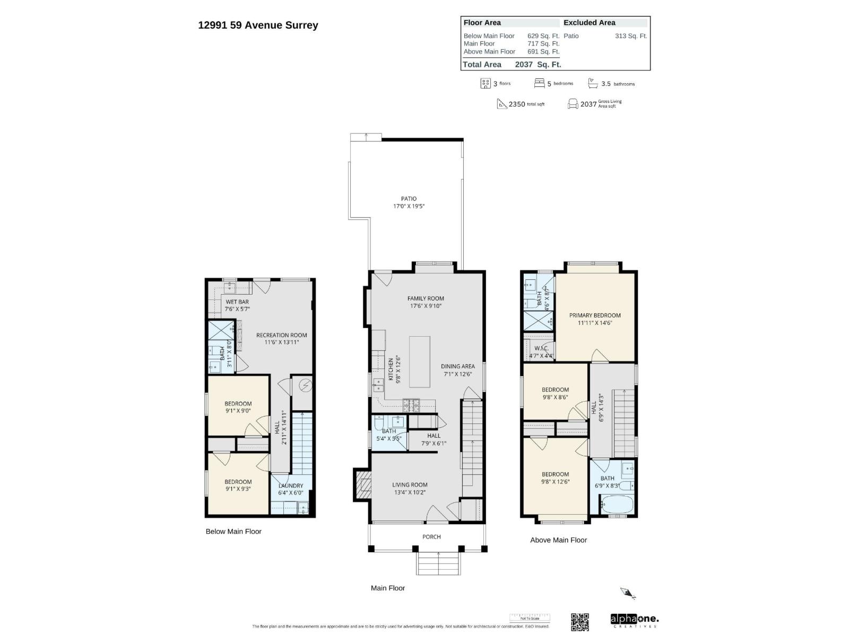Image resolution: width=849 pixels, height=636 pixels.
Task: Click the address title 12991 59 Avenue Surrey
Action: pyautogui.click(x=258, y=25)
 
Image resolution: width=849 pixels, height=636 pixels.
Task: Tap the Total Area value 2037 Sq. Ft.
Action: pyautogui.click(x=538, y=65)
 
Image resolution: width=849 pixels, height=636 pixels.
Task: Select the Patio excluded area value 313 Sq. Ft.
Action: pyautogui.click(x=630, y=36)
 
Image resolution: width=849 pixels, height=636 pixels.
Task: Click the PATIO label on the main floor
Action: pyautogui.click(x=409, y=199)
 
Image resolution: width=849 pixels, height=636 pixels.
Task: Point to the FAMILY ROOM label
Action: pyautogui.click(x=426, y=298)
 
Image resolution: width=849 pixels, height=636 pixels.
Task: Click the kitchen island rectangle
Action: pyautogui.click(x=419, y=362)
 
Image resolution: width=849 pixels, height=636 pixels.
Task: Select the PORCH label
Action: pyautogui.click(x=431, y=537)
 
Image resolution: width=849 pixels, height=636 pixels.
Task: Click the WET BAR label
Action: pyautogui.click(x=237, y=302)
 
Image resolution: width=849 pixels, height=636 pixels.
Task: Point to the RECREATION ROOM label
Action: pyautogui.click(x=281, y=335)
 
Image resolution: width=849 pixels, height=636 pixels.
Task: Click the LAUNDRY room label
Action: pyautogui.click(x=290, y=485)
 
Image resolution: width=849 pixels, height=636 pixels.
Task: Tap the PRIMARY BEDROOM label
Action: pyautogui.click(x=595, y=315)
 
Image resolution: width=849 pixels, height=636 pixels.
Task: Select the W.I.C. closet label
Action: pyautogui.click(x=541, y=349)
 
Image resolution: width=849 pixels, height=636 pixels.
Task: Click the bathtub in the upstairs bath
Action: pyautogui.click(x=617, y=504)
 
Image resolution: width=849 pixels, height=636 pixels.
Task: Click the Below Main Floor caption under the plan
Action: pyautogui.click(x=233, y=531)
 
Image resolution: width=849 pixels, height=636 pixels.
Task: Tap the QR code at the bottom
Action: pyautogui.click(x=579, y=622)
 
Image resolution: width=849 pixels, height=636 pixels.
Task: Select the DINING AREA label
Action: pyautogui.click(x=457, y=366)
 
